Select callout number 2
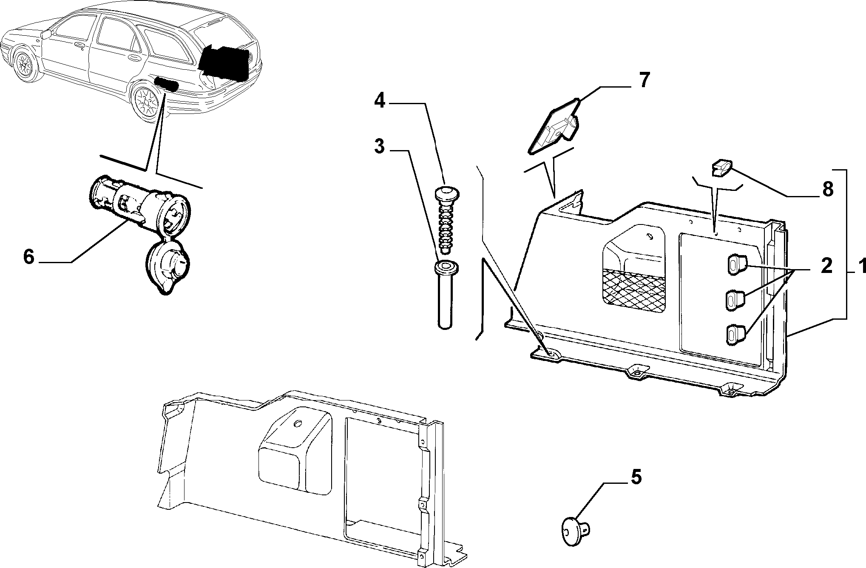[826, 267]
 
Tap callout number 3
[379, 147]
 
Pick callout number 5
[635, 477]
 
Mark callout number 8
[827, 190]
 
